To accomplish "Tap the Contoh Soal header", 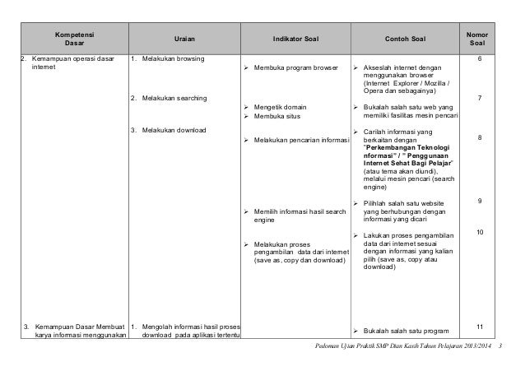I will [403, 38].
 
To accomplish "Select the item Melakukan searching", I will [174, 99].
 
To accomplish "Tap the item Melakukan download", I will [174, 131].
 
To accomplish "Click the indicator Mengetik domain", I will [284, 108].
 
